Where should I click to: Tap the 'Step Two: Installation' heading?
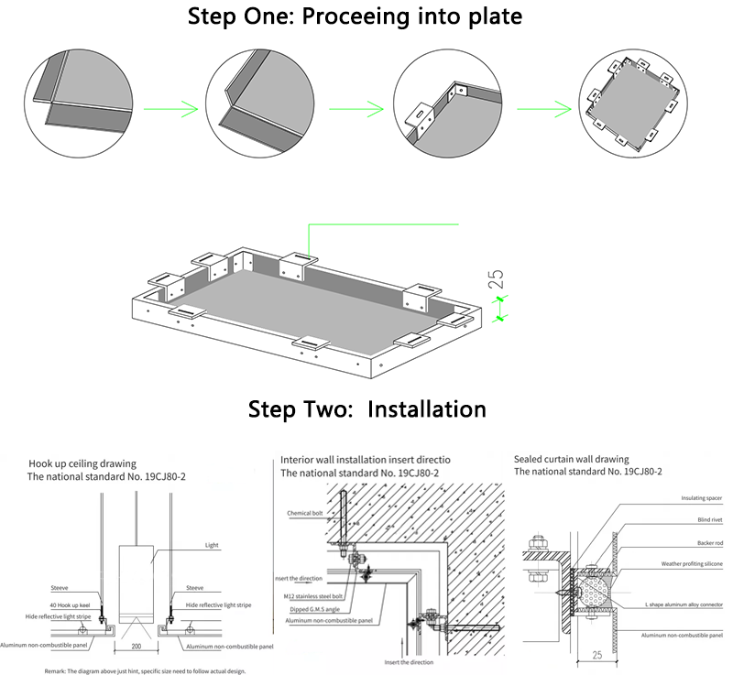(x=366, y=408)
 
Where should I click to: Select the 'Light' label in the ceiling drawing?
(x=211, y=544)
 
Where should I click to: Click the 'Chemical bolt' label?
(x=305, y=514)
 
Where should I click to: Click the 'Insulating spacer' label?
(x=699, y=498)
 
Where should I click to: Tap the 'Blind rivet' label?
(x=706, y=519)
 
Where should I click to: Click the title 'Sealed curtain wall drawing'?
(x=571, y=459)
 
